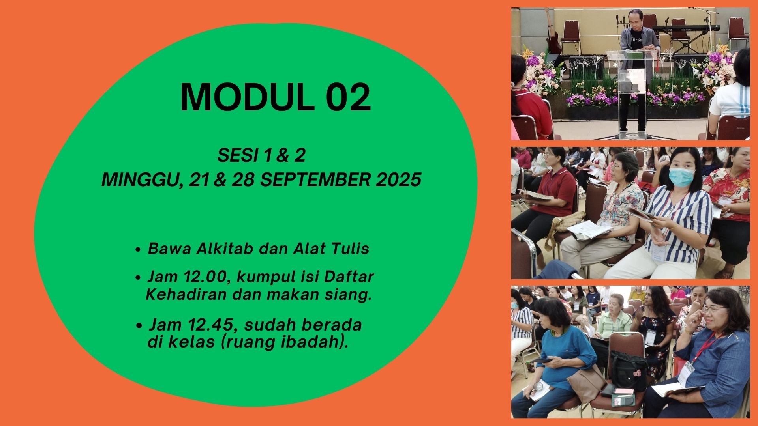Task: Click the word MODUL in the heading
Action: click(247, 97)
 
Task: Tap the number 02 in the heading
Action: click(348, 97)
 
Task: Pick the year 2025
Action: click(398, 180)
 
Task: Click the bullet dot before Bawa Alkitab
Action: click(138, 250)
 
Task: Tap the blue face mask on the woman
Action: click(682, 176)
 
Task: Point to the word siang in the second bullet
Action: click(353, 295)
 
